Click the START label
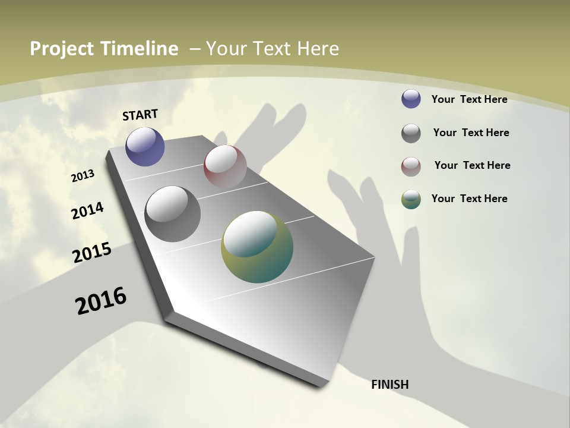pos(140,114)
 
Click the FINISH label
pos(390,385)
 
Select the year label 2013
pos(83,175)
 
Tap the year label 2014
pos(88,211)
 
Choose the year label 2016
pos(101,301)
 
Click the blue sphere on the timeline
pos(145,146)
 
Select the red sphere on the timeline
pos(225,166)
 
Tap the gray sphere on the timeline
pos(172,214)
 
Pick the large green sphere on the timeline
pos(257,247)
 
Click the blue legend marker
pos(411,99)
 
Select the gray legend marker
pos(411,133)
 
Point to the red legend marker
pos(411,166)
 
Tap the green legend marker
pos(411,199)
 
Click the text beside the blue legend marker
pos(469,99)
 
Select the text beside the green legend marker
pos(469,199)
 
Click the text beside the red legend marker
pos(472,165)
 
